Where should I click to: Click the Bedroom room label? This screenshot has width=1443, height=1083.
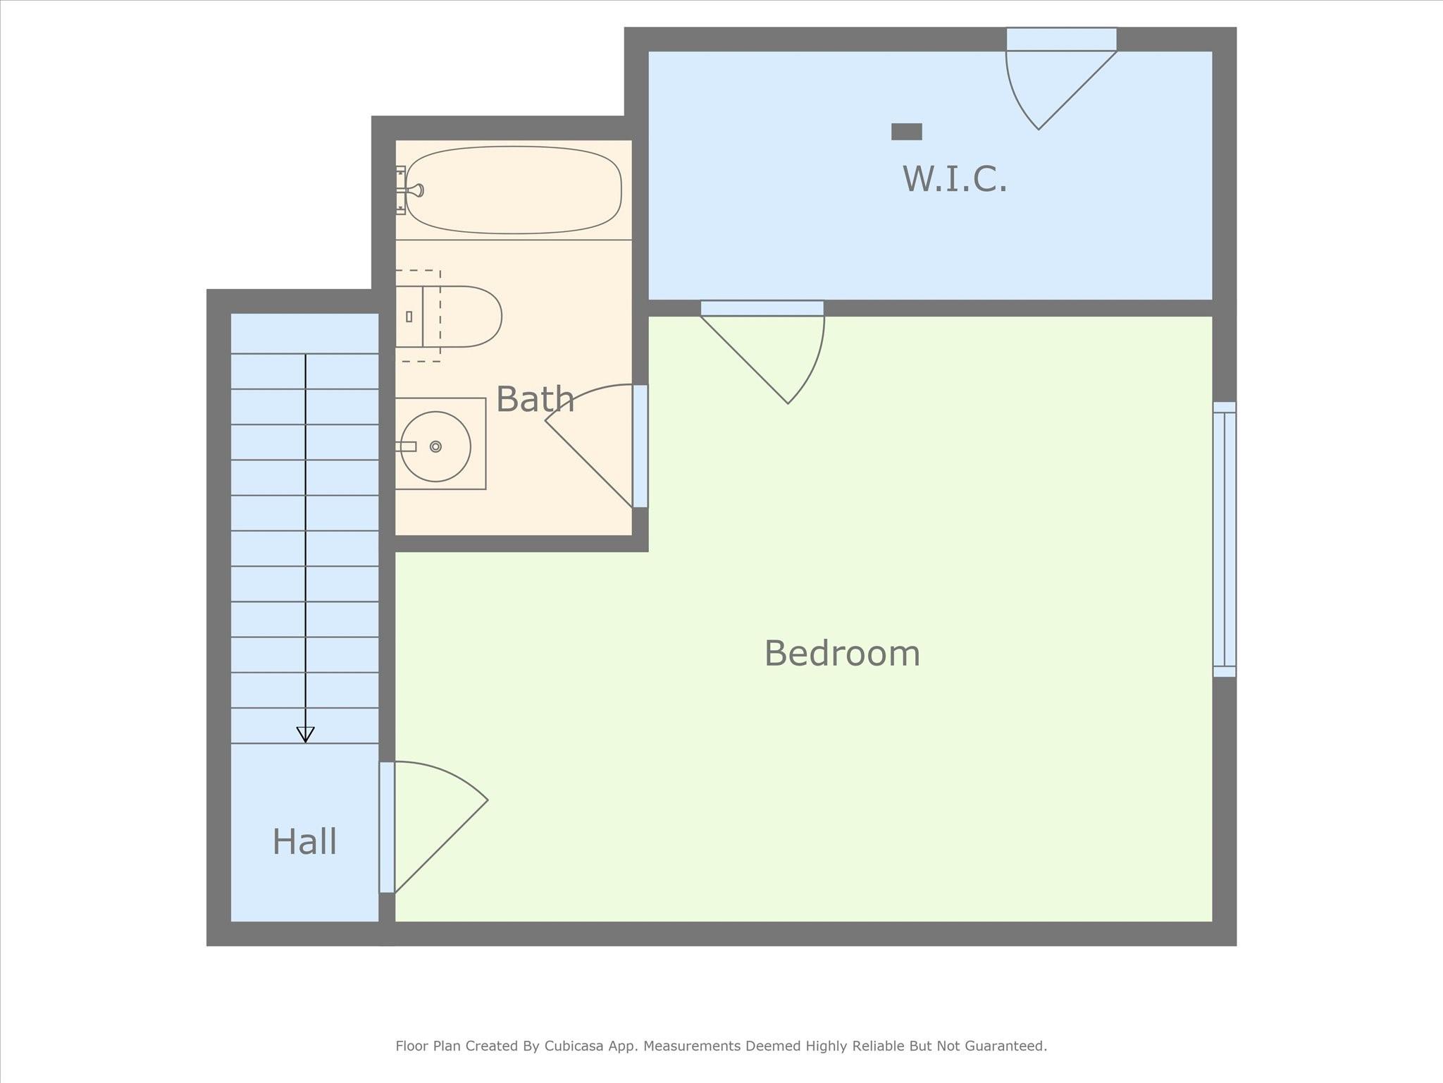(x=842, y=654)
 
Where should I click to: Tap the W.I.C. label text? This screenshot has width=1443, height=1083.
(x=955, y=178)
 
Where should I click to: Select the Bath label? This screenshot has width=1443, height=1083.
(x=535, y=399)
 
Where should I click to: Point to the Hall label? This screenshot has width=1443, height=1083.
(x=304, y=842)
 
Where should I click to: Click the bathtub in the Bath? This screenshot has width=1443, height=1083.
(x=514, y=190)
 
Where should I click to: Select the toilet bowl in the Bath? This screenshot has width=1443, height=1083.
(x=462, y=317)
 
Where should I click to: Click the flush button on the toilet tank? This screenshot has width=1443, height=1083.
(x=409, y=317)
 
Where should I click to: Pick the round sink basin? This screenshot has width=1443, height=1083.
(x=435, y=447)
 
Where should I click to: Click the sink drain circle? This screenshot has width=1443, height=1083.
(x=435, y=446)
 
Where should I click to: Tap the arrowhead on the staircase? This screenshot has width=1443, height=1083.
(x=305, y=735)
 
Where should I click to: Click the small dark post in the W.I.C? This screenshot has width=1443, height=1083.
(x=907, y=132)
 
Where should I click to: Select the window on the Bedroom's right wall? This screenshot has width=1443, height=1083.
(x=1225, y=539)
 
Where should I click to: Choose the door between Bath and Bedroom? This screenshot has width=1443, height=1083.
(x=596, y=446)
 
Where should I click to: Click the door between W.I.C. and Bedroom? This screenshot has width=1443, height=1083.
(x=762, y=352)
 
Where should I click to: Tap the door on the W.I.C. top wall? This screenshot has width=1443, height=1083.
(x=1061, y=78)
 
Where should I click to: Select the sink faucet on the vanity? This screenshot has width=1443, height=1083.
(x=406, y=446)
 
